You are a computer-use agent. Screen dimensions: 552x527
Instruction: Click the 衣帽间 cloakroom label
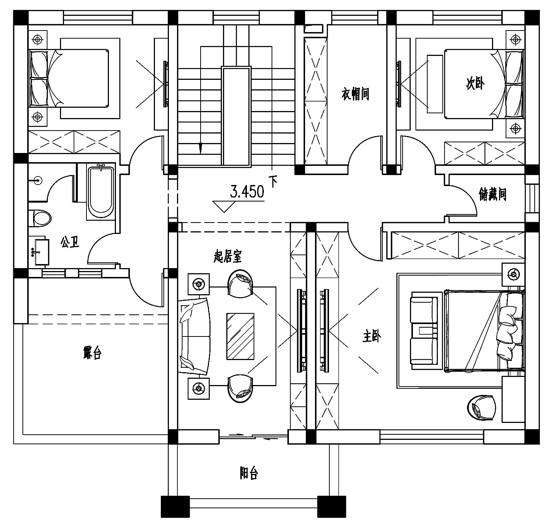(355, 94)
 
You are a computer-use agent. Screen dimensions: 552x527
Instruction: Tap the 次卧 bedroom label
(475, 84)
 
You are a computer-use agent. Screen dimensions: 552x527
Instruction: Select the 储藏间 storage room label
(492, 194)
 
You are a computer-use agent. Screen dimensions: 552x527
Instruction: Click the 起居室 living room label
(227, 256)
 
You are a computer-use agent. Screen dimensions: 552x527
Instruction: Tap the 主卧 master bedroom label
(372, 336)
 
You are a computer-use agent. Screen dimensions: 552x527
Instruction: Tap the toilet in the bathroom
(39, 218)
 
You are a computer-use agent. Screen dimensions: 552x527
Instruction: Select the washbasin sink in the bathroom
(39, 252)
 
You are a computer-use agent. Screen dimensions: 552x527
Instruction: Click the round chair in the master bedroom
(481, 407)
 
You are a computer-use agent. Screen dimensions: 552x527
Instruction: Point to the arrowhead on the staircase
(200, 148)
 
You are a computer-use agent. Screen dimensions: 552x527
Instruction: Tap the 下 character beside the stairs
(273, 182)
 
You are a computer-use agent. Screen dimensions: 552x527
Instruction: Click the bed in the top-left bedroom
(69, 78)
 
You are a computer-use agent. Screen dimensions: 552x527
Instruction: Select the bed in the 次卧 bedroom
(484, 84)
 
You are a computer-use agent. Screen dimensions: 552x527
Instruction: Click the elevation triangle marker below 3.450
(223, 206)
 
